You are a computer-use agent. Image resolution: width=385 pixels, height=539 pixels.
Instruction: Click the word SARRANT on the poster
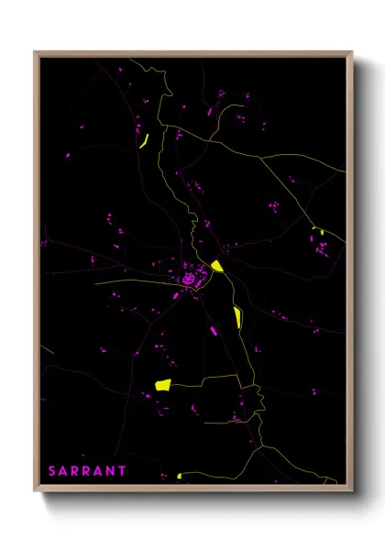coord(88,470)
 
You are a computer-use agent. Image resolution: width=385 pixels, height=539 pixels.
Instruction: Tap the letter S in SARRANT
coord(52,470)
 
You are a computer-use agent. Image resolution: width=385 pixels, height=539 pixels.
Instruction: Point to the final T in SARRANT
coord(123,470)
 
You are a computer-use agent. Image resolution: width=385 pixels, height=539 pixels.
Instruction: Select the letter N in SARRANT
coord(111,470)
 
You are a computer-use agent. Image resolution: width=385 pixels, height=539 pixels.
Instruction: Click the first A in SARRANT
coord(64,470)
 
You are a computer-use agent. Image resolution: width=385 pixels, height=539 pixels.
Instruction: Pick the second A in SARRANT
coord(99,470)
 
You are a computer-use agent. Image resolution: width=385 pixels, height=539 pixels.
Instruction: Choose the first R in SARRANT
coord(76,470)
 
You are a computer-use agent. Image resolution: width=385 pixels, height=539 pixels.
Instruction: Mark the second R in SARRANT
coord(87,470)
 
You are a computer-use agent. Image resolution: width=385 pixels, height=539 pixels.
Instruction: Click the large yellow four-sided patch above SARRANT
coord(163,385)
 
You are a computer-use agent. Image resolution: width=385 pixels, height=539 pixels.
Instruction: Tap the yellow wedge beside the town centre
coord(217,267)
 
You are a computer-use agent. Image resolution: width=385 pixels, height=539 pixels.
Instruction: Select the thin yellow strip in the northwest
coord(144,140)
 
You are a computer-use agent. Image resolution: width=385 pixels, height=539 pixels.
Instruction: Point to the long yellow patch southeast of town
coord(238,317)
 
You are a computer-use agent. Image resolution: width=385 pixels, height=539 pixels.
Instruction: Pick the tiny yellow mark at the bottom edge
coord(180,476)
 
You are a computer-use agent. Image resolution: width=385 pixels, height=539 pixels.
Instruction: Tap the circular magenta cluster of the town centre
coord(190,277)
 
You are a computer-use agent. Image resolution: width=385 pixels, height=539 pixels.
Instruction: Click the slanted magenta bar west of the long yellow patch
coord(214,329)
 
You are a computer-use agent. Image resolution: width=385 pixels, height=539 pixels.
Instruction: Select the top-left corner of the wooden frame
coord(35,51)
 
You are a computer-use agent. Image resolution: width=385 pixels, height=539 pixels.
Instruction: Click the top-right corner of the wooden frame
coord(353,51)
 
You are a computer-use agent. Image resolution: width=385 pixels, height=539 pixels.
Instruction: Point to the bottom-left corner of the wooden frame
coord(35,490)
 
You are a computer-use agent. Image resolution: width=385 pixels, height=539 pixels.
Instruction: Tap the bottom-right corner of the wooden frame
coord(353,490)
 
